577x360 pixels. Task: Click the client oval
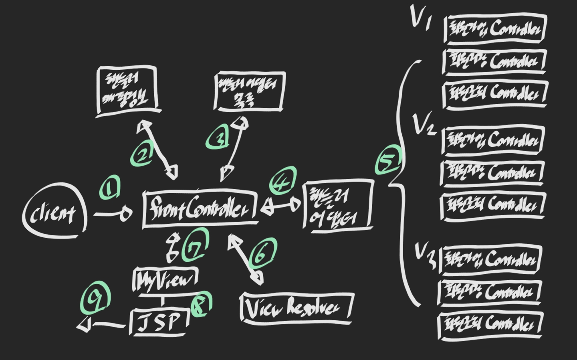(x=54, y=212)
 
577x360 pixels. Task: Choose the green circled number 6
(x=262, y=254)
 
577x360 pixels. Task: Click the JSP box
(x=159, y=322)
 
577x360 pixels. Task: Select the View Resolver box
(x=296, y=308)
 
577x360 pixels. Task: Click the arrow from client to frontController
(x=113, y=214)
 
